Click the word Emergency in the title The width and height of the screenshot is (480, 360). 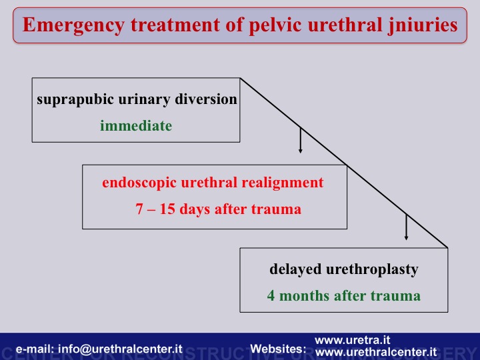pyautogui.click(x=73, y=25)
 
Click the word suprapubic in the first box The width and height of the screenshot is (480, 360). pyautogui.click(x=75, y=100)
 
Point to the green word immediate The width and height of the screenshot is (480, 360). pyautogui.click(x=136, y=125)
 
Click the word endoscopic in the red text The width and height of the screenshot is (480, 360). pyautogui.click(x=139, y=183)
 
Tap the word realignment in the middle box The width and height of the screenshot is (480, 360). pyautogui.click(x=283, y=183)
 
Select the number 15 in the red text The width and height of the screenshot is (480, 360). pyautogui.click(x=167, y=209)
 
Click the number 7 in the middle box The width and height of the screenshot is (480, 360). pyautogui.click(x=139, y=209)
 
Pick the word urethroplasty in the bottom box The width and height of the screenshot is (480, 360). pyautogui.click(x=372, y=270)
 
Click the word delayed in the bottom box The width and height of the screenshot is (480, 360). pyautogui.click(x=295, y=270)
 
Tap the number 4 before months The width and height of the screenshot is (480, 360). pyautogui.click(x=271, y=296)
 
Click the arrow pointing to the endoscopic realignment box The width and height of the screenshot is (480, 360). pyautogui.click(x=300, y=140)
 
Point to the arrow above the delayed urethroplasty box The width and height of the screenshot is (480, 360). pyautogui.click(x=406, y=227)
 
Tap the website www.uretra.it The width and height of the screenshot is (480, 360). pyautogui.click(x=353, y=340)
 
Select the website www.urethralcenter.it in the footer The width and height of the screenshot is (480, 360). pyautogui.click(x=376, y=352)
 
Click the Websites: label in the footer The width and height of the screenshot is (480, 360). pyautogui.click(x=278, y=349)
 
